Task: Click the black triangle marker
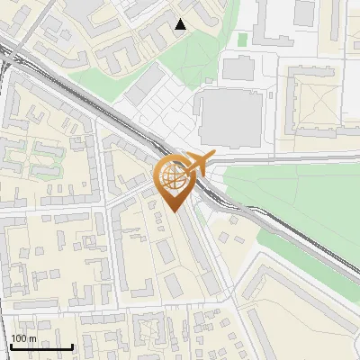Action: click(181, 24)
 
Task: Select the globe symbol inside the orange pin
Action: click(172, 176)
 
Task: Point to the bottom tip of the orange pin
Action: click(173, 211)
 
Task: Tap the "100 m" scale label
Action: click(24, 338)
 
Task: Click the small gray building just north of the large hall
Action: click(238, 67)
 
